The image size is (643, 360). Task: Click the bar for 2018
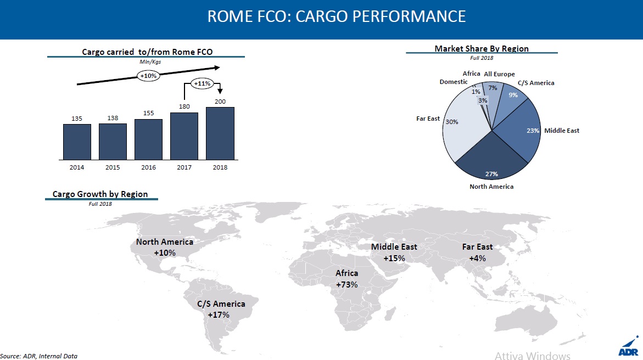click(x=220, y=133)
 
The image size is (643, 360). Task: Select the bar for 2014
click(x=77, y=142)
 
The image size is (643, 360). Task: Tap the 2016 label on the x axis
click(x=148, y=167)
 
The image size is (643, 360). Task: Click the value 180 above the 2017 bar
click(x=184, y=106)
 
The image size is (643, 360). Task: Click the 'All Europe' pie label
click(x=499, y=74)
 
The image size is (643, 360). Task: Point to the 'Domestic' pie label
click(x=454, y=82)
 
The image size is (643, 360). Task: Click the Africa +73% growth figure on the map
click(x=346, y=284)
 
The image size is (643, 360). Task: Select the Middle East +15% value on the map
click(x=394, y=258)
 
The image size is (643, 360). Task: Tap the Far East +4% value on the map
click(x=477, y=258)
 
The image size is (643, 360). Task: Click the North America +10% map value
click(x=164, y=253)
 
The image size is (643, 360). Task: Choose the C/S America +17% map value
click(x=219, y=314)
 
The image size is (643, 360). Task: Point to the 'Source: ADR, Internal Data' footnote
click(x=39, y=356)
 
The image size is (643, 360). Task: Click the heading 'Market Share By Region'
click(x=482, y=48)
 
